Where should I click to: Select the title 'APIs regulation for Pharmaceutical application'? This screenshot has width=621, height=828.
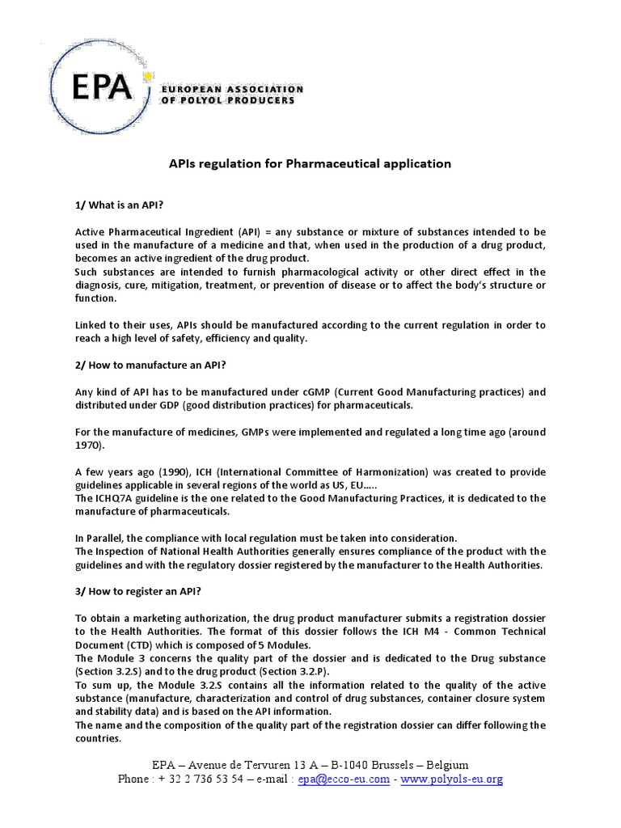[310, 163]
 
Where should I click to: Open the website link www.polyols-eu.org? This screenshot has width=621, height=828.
[452, 779]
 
